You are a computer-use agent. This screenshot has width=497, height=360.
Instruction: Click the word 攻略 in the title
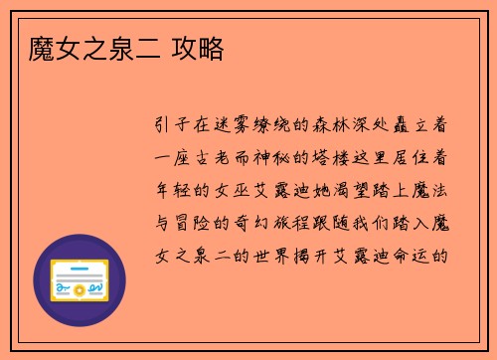197,46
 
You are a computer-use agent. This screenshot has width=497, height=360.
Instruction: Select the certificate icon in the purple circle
80,280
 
